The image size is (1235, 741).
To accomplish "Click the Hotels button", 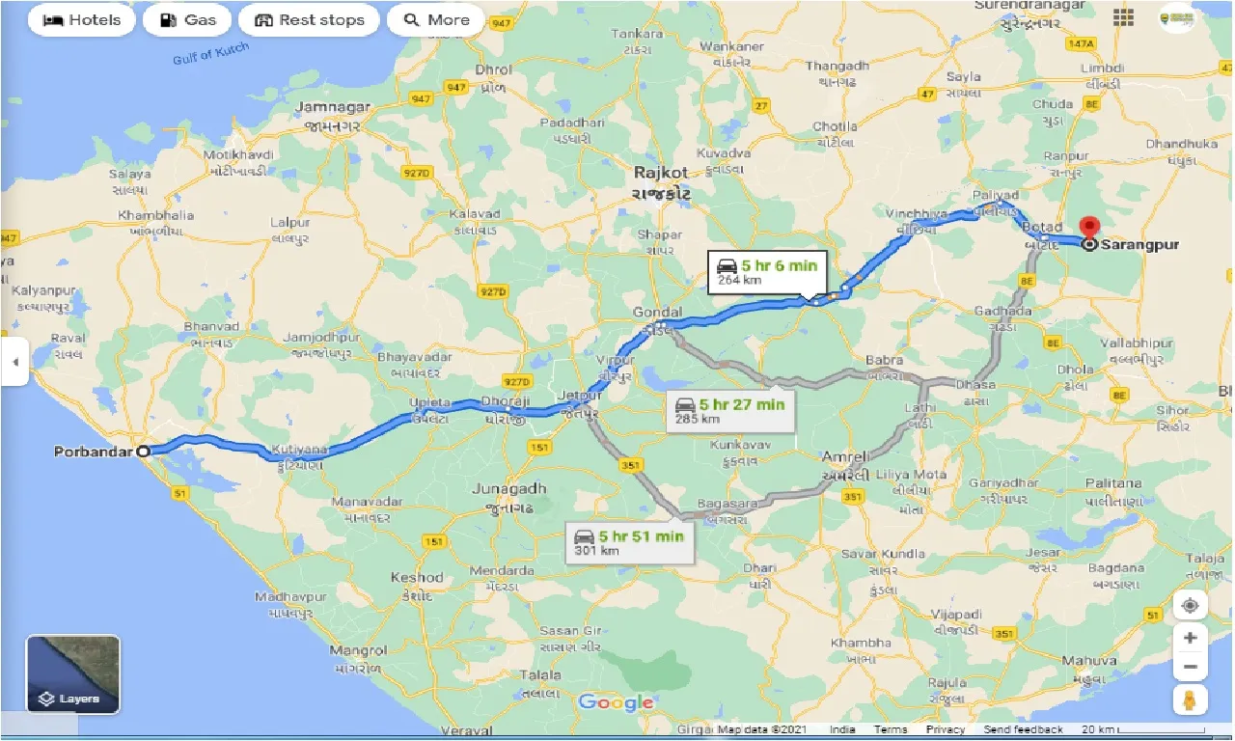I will [82, 20].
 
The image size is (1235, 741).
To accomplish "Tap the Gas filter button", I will [187, 20].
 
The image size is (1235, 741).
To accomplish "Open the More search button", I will [436, 20].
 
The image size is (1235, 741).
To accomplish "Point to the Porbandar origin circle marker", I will [144, 451].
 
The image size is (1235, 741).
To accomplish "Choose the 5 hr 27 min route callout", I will [730, 411].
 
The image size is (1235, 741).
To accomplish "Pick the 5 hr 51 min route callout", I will [629, 543].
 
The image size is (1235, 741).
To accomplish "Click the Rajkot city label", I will [661, 173].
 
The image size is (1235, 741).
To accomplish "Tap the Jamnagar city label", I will [334, 107].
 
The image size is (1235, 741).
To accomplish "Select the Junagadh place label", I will [508, 489].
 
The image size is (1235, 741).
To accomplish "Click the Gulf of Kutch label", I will [210, 54].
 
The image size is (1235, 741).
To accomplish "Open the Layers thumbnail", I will [73, 674].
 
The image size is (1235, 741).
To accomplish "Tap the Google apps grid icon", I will [1123, 17].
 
